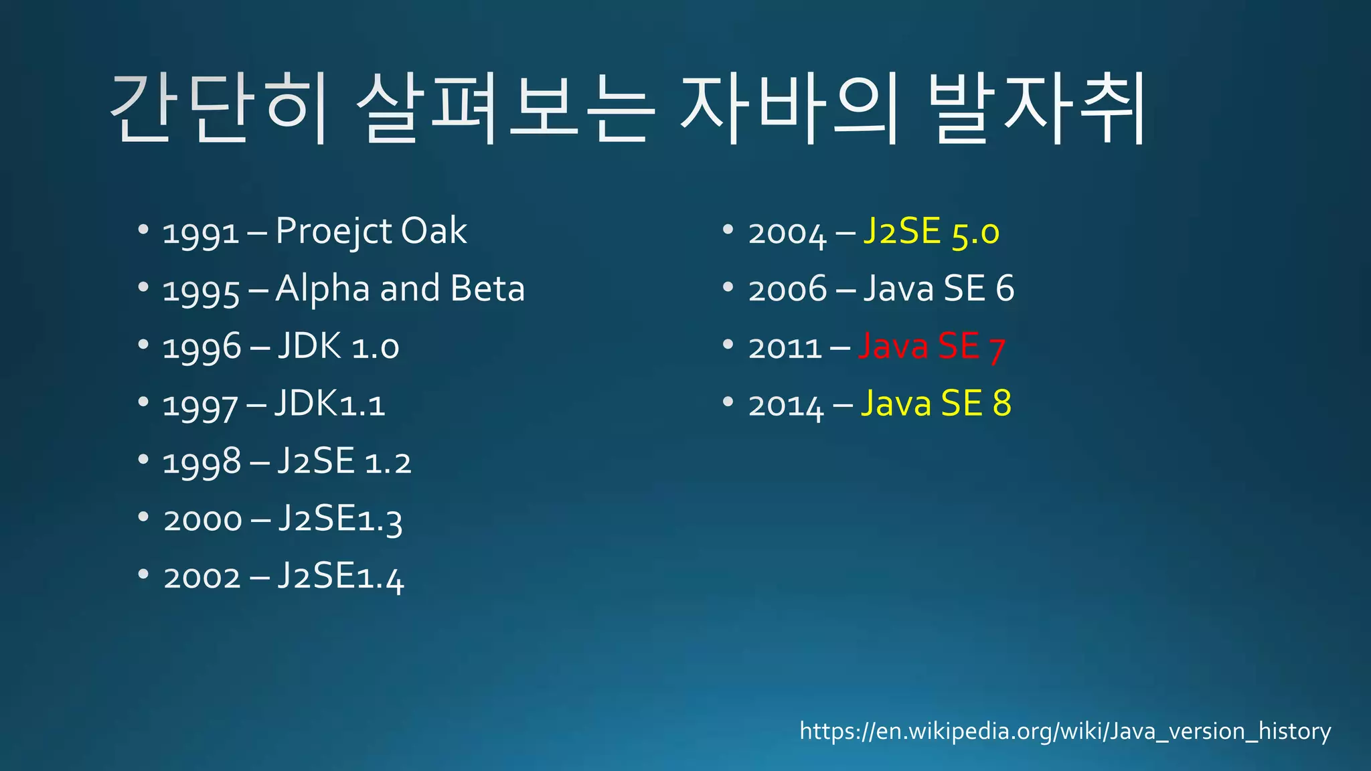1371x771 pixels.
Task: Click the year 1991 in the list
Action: pos(200,233)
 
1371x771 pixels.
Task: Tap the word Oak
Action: pos(433,232)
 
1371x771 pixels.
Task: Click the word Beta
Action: pos(487,289)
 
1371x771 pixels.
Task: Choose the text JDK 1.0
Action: pos(337,347)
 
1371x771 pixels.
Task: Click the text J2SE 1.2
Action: pos(343,462)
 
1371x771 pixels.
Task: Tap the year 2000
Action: pos(202,520)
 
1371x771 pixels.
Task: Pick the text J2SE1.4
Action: pos(340,577)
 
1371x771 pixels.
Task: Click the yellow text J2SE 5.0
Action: pos(931,232)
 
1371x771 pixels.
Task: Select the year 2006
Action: pos(787,290)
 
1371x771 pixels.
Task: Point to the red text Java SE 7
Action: pos(931,347)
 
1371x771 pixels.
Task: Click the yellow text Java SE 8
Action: pos(936,404)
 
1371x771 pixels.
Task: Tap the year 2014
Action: pos(786,406)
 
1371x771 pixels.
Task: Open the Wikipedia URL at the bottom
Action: pos(1065,731)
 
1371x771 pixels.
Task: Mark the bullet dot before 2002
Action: pos(143,575)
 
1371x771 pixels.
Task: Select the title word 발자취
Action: pos(1038,110)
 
